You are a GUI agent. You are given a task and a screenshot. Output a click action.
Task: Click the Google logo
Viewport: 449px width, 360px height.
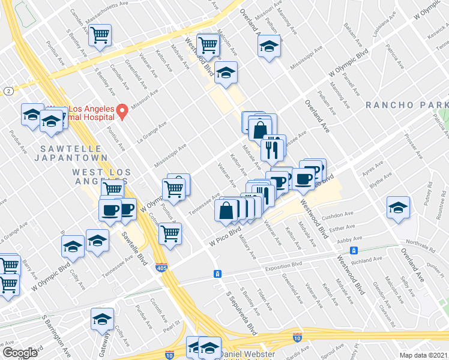tap(20, 353)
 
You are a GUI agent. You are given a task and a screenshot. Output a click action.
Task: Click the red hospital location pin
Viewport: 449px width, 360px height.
tap(122, 110)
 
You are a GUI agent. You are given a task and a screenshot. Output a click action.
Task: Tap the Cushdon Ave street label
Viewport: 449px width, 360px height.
tap(338, 215)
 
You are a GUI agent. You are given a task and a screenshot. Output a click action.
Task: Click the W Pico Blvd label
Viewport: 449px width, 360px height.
tap(225, 235)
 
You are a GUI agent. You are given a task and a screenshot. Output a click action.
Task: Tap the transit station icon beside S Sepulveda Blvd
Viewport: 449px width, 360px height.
tap(218, 274)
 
